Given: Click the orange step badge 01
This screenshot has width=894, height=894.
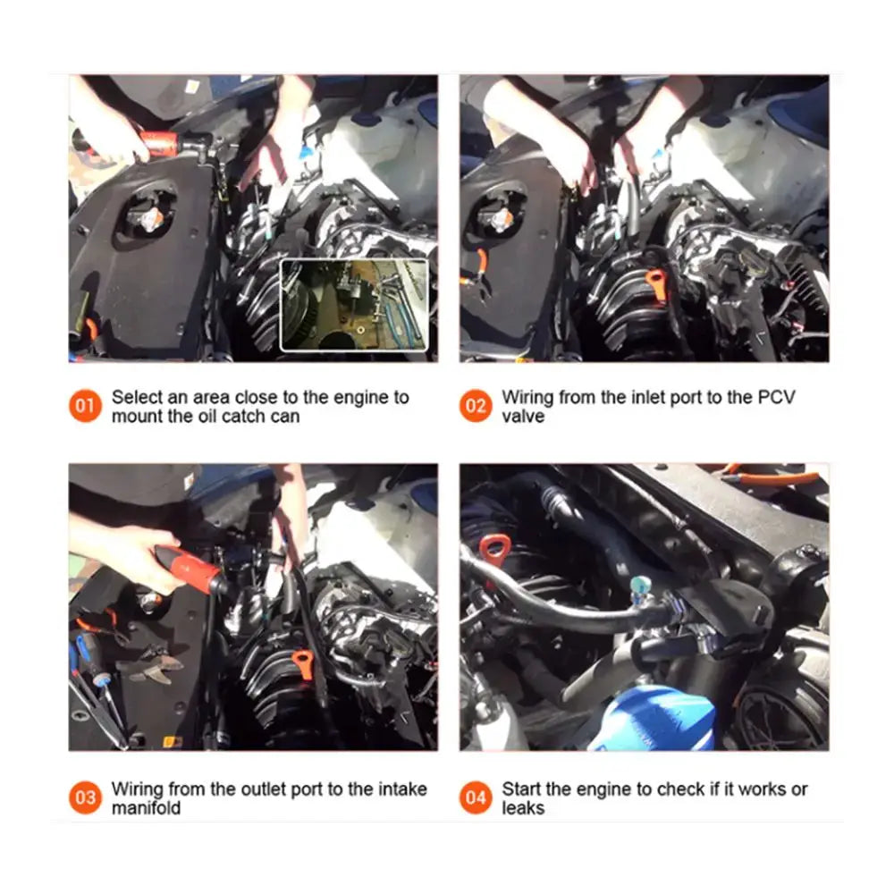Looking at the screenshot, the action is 85,405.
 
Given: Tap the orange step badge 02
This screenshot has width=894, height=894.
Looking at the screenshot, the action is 476,405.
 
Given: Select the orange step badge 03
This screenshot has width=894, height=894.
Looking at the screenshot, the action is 85,797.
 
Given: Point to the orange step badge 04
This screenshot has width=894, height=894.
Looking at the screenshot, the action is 476,797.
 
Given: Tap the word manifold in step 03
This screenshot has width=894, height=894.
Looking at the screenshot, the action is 146,808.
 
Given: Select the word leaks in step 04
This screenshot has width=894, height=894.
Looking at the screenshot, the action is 523,808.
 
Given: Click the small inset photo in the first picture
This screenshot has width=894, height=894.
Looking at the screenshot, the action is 354,305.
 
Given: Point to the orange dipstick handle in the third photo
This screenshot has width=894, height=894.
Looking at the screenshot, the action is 303,664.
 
